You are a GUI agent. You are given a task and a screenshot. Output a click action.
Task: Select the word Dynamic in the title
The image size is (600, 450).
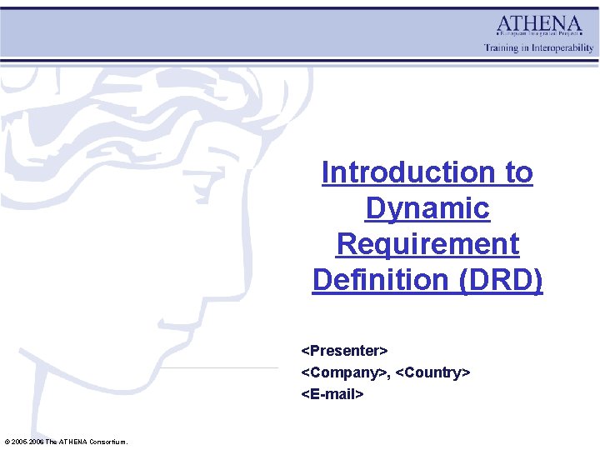tap(427, 208)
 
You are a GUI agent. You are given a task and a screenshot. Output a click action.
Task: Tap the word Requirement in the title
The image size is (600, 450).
tap(427, 244)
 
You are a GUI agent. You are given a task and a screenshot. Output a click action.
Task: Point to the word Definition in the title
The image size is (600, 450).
tap(381, 280)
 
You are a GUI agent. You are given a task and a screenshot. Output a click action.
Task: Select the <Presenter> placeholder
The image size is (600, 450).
tap(344, 350)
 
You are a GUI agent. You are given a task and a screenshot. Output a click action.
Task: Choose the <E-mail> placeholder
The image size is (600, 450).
tap(332, 394)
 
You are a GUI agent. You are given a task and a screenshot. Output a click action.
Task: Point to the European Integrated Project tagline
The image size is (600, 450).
tap(539, 37)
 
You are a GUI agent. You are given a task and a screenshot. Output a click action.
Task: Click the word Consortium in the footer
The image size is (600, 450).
tap(107, 441)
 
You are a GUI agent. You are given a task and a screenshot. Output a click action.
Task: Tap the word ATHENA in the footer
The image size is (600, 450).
tap(73, 441)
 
